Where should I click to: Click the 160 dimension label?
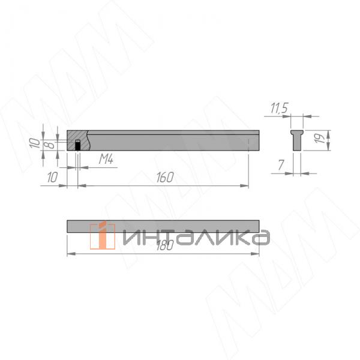(164, 177)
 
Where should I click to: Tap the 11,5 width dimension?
(279, 108)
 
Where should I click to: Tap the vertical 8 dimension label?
(51, 144)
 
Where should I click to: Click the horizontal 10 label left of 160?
(52, 177)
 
